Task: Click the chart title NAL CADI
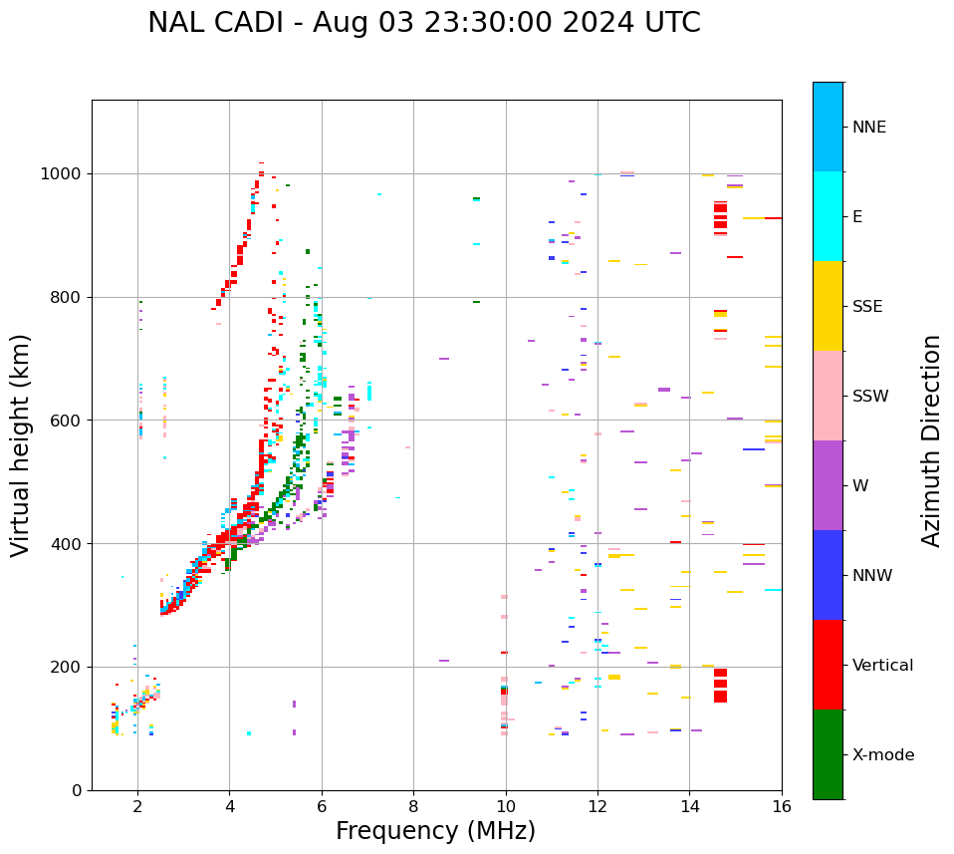pyautogui.click(x=423, y=23)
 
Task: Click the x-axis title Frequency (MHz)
pyautogui.click(x=435, y=831)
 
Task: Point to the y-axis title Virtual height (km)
pyautogui.click(x=21, y=444)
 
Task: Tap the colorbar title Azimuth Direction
pyautogui.click(x=931, y=440)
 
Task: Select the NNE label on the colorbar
pyautogui.click(x=868, y=128)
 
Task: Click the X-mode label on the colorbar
pyautogui.click(x=882, y=755)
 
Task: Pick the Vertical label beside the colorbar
pyautogui.click(x=882, y=666)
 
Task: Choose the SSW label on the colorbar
pyautogui.click(x=870, y=397)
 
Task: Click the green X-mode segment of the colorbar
pyautogui.click(x=828, y=754)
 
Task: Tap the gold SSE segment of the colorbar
pyautogui.click(x=828, y=306)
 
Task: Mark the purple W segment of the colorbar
pyautogui.click(x=828, y=485)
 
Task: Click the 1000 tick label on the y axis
pyautogui.click(x=62, y=174)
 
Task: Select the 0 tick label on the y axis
pyautogui.click(x=77, y=790)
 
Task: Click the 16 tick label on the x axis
pyautogui.click(x=782, y=806)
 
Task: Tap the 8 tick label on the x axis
pyautogui.click(x=413, y=806)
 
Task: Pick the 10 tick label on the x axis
pyautogui.click(x=506, y=806)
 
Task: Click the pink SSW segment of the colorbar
pyautogui.click(x=828, y=396)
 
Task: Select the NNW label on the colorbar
pyautogui.click(x=872, y=576)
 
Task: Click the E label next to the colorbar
pyautogui.click(x=857, y=217)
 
